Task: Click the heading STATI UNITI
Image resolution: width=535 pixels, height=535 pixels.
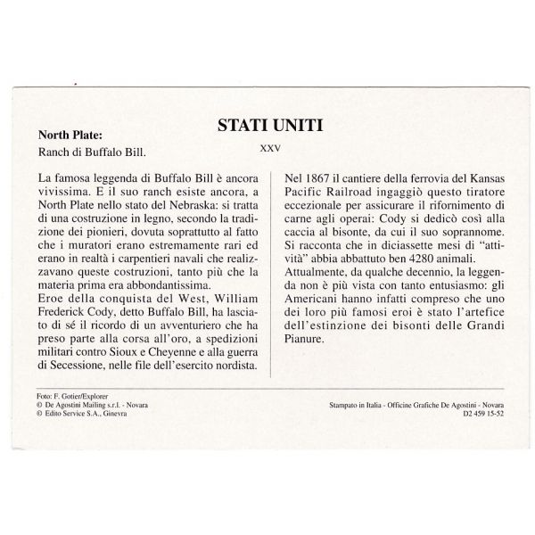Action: pyautogui.click(x=267, y=128)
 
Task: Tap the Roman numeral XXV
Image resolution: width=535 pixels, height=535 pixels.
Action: pyautogui.click(x=267, y=151)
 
